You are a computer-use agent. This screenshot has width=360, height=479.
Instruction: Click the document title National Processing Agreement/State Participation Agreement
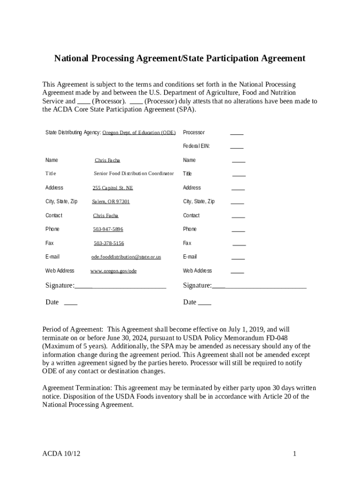(180, 58)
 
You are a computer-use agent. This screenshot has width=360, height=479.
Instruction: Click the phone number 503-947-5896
(108, 229)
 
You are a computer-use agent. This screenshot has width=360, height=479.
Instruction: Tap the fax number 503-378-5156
(109, 243)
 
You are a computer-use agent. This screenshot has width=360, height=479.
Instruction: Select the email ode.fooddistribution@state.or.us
(126, 257)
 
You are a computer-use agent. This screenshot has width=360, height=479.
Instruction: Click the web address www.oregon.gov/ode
(114, 271)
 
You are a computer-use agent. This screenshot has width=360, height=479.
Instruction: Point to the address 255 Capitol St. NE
(113, 188)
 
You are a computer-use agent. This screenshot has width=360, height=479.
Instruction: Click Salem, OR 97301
(111, 202)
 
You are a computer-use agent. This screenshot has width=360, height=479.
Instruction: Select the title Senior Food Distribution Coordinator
(134, 174)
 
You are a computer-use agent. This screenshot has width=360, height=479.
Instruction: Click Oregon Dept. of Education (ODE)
(139, 132)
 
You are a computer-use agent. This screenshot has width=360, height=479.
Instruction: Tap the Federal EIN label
(196, 146)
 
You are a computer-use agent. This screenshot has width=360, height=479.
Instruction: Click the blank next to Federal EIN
(237, 146)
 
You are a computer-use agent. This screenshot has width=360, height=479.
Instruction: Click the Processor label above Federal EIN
(194, 132)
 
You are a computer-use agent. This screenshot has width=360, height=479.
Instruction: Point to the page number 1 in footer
(295, 453)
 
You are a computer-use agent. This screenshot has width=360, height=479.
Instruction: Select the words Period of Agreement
(72, 330)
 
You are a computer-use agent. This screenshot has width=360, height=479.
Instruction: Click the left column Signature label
(59, 285)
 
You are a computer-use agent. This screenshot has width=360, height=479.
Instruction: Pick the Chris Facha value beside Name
(107, 160)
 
